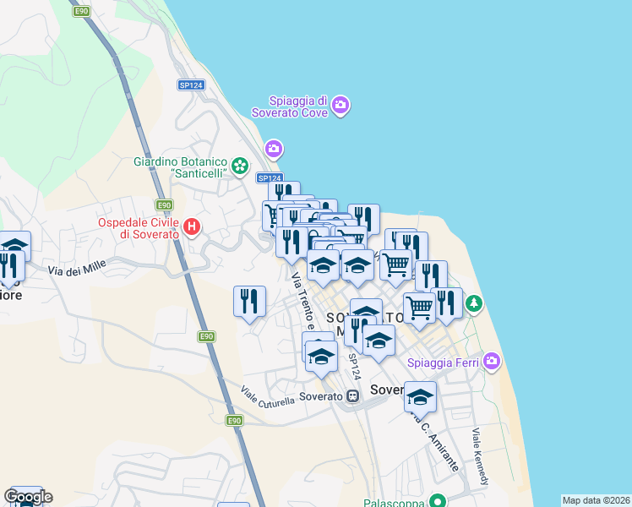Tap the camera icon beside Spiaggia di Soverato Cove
[x=341, y=106]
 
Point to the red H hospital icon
[x=192, y=226]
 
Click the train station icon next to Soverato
[x=351, y=395]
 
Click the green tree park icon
[x=475, y=302]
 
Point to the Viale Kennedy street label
[x=480, y=457]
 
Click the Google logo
[x=28, y=497]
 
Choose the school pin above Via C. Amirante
[x=420, y=395]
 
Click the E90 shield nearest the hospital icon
[x=164, y=205]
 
